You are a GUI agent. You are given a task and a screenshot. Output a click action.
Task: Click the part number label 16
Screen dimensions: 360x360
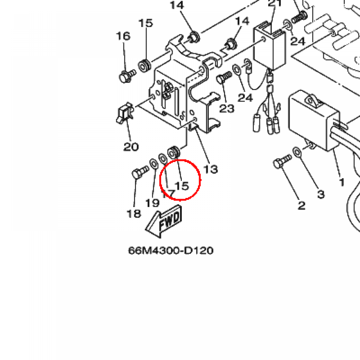point(123,36)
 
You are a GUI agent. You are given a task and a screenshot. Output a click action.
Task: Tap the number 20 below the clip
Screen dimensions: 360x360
point(131,146)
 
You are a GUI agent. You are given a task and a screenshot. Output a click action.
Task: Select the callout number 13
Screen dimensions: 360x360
point(211,169)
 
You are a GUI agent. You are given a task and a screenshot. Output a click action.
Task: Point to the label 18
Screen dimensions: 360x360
point(134,213)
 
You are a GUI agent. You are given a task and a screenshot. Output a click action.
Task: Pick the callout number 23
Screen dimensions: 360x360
point(226,109)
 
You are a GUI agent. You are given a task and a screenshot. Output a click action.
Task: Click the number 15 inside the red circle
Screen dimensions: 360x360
point(182,185)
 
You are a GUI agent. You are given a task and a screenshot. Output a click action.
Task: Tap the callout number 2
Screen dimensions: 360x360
point(301,205)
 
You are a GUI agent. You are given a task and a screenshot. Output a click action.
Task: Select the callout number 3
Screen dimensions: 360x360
point(321,194)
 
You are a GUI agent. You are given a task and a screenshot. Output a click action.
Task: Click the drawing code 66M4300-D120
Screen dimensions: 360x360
point(171,250)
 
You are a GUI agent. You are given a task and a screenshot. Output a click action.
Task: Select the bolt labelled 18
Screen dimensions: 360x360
point(140,173)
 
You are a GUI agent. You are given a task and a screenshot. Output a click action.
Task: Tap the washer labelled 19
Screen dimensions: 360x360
point(154,163)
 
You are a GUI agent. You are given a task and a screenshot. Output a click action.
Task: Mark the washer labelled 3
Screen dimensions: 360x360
point(297,152)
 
